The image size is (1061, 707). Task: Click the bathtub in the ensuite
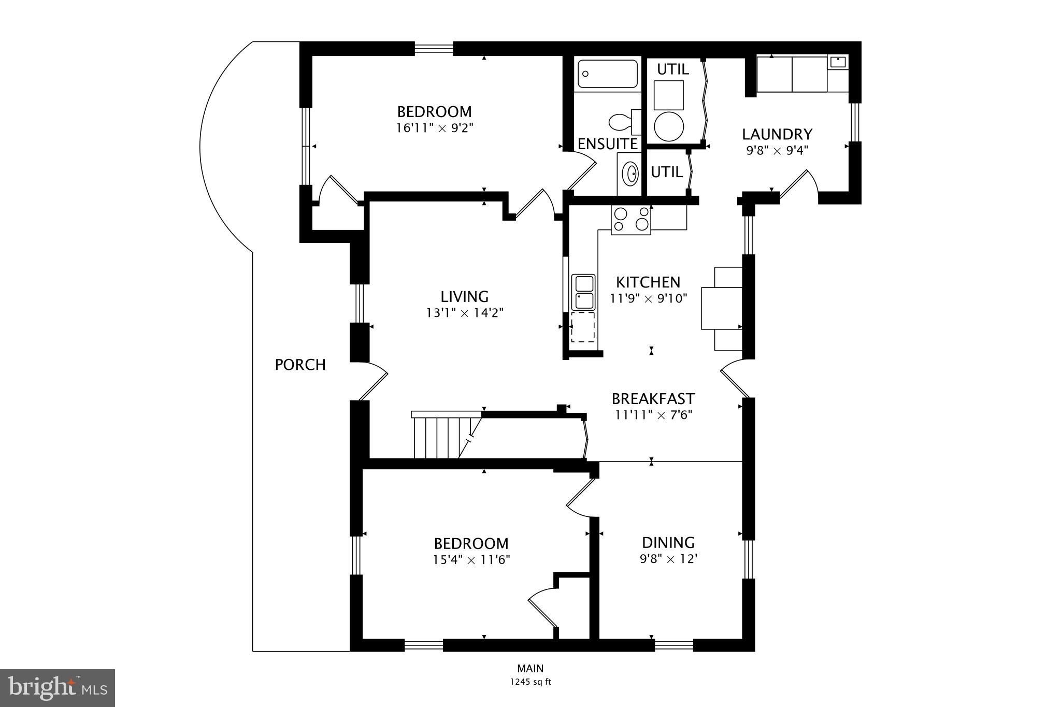pyautogui.click(x=608, y=74)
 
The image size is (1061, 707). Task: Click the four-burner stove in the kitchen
pyautogui.click(x=630, y=219)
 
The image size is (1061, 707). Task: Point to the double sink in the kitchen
pyautogui.click(x=584, y=292)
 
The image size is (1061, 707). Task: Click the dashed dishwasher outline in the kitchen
pyautogui.click(x=583, y=327)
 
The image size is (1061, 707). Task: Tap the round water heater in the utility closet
pyautogui.click(x=669, y=125)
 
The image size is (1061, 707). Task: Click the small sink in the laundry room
pyautogui.click(x=837, y=62)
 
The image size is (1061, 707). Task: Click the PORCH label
pyautogui.click(x=300, y=365)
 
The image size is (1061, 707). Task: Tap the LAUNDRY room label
pyautogui.click(x=777, y=134)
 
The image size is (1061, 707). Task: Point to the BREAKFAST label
pyautogui.click(x=653, y=399)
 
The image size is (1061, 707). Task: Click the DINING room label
pyautogui.click(x=668, y=542)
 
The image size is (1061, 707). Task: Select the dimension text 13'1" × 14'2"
pyautogui.click(x=465, y=313)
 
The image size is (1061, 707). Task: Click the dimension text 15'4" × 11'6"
pyautogui.click(x=471, y=560)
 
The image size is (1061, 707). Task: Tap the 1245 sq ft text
pyautogui.click(x=530, y=682)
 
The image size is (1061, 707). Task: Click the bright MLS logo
pyautogui.click(x=58, y=688)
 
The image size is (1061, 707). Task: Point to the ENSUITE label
pyautogui.click(x=607, y=144)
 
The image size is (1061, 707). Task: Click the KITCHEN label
pyautogui.click(x=648, y=282)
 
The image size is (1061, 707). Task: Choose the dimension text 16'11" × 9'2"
pyautogui.click(x=435, y=128)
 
